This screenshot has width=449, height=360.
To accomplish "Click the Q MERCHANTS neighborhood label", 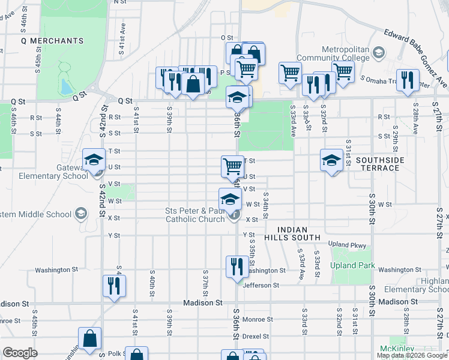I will click(52, 41).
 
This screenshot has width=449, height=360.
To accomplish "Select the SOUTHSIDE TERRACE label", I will click(380, 164).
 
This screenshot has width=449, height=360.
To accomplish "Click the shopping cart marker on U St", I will click(232, 166).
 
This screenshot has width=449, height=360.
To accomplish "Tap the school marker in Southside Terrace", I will click(331, 160).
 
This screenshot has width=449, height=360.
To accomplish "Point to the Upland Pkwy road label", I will click(347, 244).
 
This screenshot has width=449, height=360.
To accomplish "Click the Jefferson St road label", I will click(261, 285).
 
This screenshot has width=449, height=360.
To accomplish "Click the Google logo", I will click(20, 353).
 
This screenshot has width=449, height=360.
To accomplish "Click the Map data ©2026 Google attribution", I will click(412, 355).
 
